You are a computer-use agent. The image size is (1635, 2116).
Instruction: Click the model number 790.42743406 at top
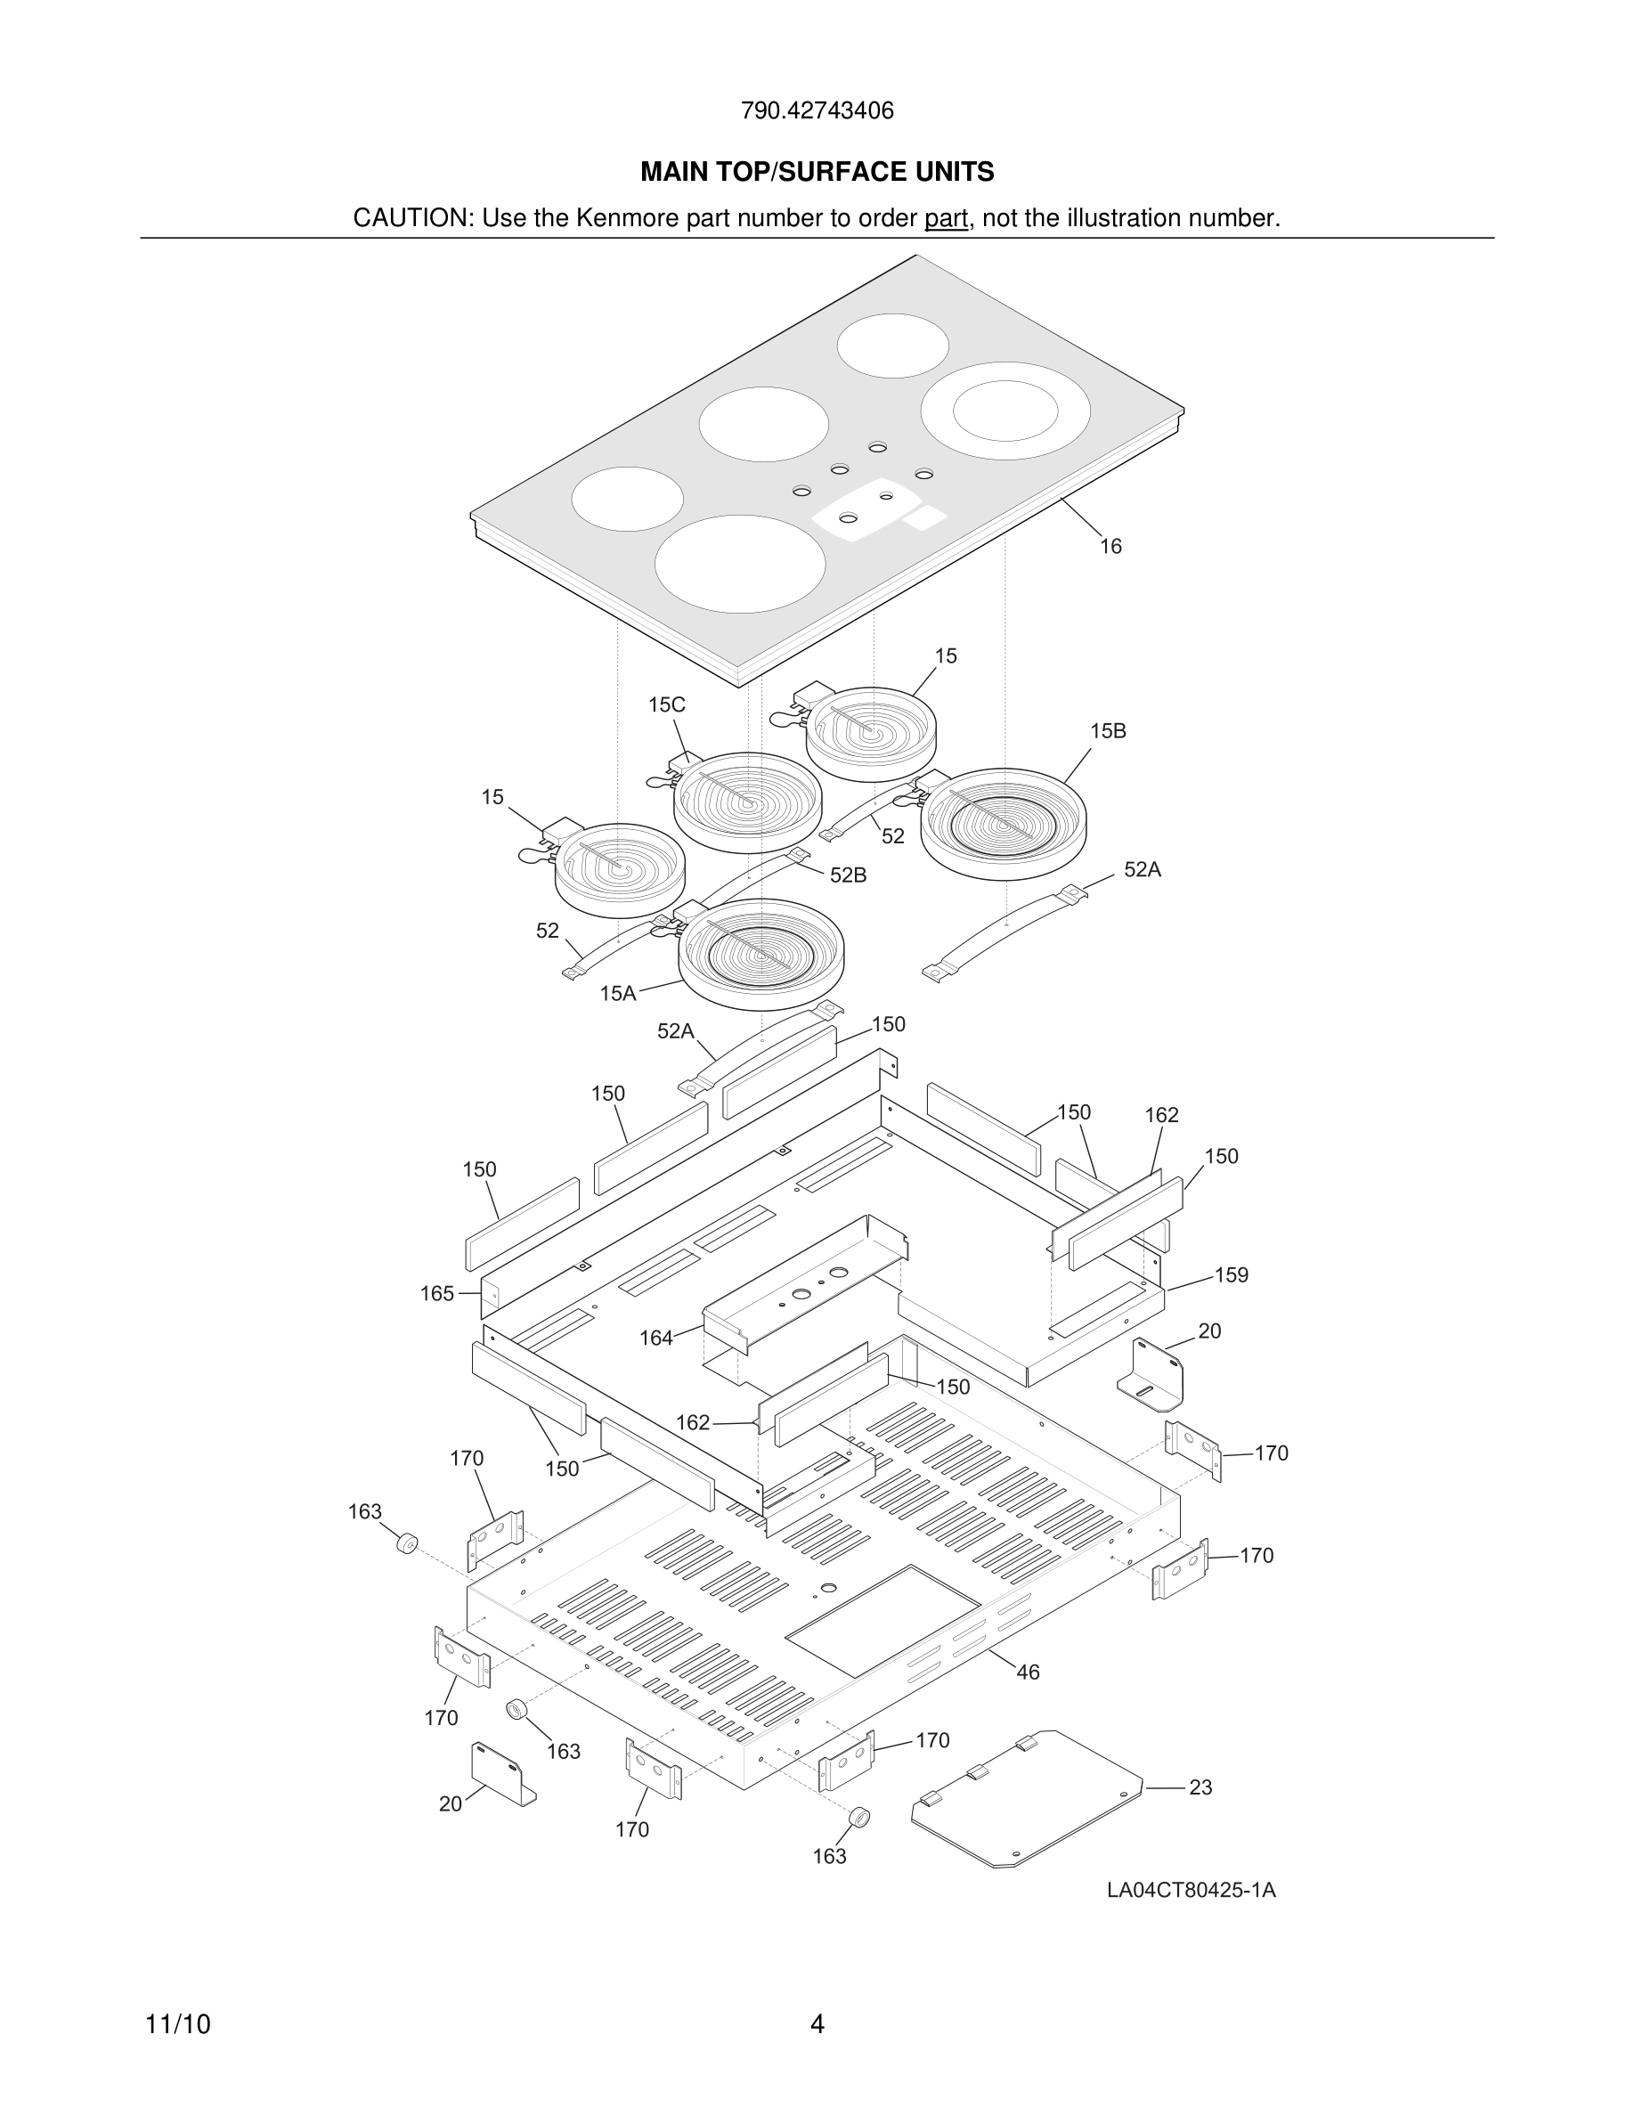(x=817, y=110)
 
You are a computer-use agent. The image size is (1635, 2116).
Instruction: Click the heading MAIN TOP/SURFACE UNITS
(x=817, y=173)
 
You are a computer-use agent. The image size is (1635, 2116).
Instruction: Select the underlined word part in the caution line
(x=946, y=219)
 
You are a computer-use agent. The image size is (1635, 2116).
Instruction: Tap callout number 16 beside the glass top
(x=1110, y=547)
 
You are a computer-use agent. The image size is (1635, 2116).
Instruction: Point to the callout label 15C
(x=666, y=705)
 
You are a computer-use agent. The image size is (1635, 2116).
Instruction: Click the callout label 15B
(x=1107, y=731)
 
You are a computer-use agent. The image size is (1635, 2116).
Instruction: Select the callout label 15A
(x=617, y=993)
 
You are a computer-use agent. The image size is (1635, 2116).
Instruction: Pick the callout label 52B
(x=848, y=875)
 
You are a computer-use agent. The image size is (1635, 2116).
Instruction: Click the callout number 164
(x=655, y=1338)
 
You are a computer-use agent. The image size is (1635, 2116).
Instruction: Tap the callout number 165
(x=437, y=1293)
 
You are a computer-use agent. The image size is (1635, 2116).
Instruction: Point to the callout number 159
(x=1231, y=1275)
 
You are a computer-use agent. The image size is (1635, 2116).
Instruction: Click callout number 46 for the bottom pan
(x=1028, y=1672)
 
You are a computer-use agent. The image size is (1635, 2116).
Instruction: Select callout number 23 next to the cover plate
(x=1200, y=1787)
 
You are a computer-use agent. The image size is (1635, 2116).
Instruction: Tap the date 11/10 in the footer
(x=177, y=2025)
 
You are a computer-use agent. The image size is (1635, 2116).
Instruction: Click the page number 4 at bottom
(x=817, y=2025)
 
